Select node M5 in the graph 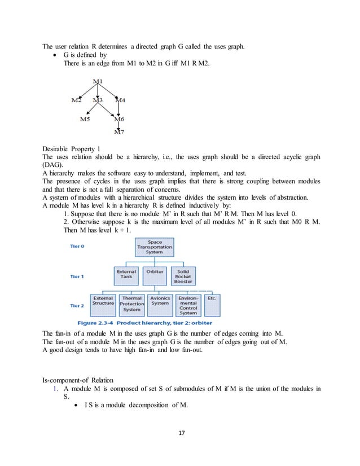pos(84,119)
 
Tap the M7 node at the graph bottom pos(119,133)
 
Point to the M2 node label pos(76,100)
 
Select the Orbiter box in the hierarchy pos(155,272)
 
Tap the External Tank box pos(126,275)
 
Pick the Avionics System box pos(160,301)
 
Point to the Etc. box pos(212,298)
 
